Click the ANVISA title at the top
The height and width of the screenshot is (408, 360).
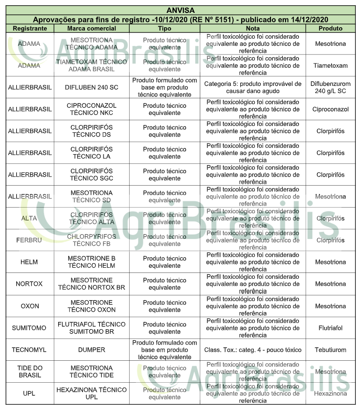(x=180, y=10)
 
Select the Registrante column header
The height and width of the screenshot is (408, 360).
(x=30, y=29)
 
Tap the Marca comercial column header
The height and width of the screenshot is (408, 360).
(x=92, y=29)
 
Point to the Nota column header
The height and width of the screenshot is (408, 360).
(x=253, y=29)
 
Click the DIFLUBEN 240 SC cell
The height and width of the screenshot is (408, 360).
(x=92, y=87)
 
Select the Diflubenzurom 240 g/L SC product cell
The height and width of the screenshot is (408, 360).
(x=330, y=87)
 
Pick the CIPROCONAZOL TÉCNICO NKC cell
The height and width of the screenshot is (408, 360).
(x=92, y=109)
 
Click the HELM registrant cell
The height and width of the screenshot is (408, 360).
(x=30, y=262)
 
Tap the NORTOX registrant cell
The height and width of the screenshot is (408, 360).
(x=30, y=284)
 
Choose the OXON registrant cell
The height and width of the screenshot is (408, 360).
(x=30, y=306)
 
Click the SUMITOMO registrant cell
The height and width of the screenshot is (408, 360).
(x=30, y=328)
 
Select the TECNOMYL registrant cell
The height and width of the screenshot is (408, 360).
(x=30, y=350)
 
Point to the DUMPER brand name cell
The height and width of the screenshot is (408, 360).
(x=92, y=350)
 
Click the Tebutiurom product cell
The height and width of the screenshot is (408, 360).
(x=330, y=350)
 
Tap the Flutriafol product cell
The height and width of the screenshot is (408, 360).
(x=330, y=328)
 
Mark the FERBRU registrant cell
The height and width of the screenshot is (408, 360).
(x=30, y=240)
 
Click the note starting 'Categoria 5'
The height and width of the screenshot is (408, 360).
(x=253, y=87)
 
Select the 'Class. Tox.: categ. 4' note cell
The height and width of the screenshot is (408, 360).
(x=253, y=350)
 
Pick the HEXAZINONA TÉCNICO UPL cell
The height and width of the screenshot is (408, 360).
(x=92, y=393)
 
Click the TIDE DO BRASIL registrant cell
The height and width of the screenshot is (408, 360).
(x=30, y=371)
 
